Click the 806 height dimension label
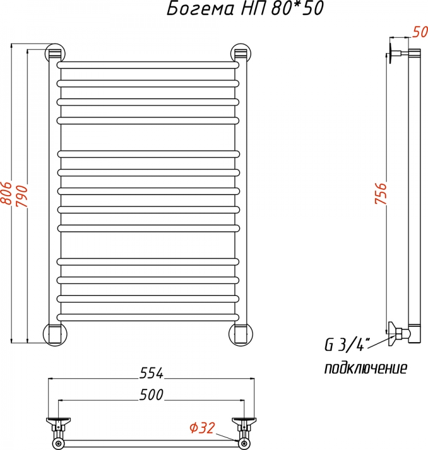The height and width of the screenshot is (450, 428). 6,193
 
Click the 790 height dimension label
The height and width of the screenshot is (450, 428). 22,196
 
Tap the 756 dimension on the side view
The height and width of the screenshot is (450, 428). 381,193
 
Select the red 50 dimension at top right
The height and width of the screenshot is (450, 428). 420,31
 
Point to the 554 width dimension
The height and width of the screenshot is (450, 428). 151,373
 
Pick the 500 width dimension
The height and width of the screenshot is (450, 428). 151,394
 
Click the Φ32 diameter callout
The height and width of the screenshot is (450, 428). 202,428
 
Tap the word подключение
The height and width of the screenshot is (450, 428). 366,368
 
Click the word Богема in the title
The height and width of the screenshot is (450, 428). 200,9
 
